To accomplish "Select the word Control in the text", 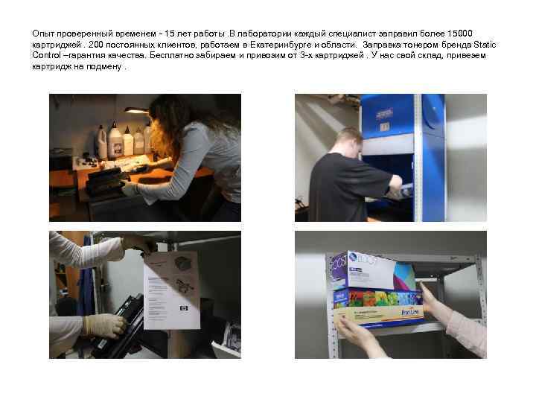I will coord(45,55).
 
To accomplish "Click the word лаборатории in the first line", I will coord(261,34).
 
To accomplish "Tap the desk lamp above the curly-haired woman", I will coord(137,111).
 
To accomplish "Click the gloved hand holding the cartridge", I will coord(104,325).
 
